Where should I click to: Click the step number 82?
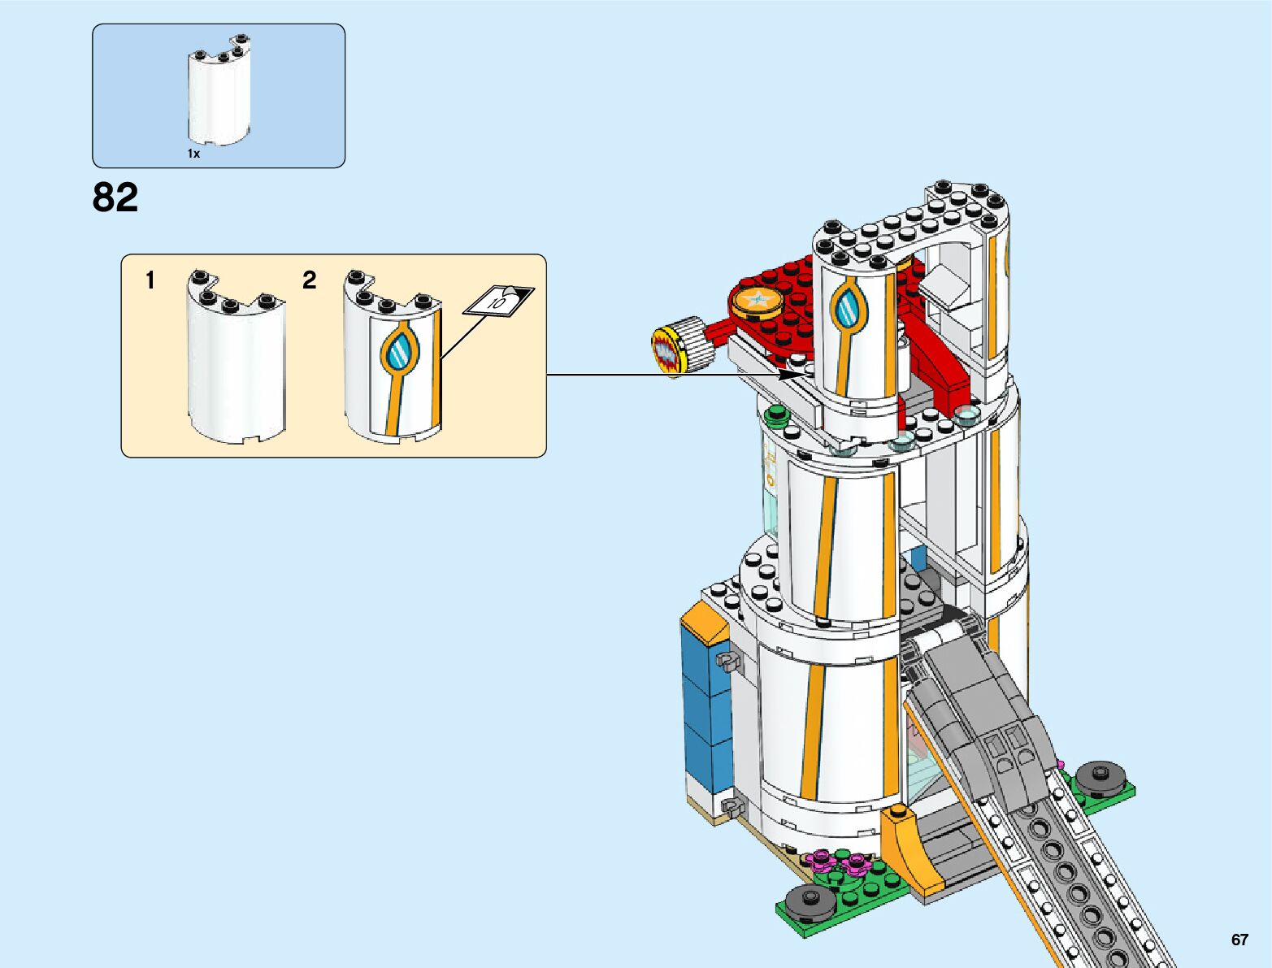coord(115,198)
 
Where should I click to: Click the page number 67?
coord(1239,940)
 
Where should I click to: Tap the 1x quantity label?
coord(193,153)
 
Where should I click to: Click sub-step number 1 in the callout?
coord(150,280)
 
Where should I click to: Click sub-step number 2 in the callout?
coord(309,280)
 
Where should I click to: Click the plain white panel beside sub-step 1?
coord(237,358)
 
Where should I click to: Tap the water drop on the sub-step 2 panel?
coord(399,352)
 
